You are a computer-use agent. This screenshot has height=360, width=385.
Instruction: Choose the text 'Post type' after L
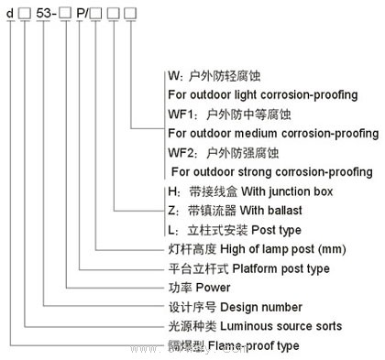270,229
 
